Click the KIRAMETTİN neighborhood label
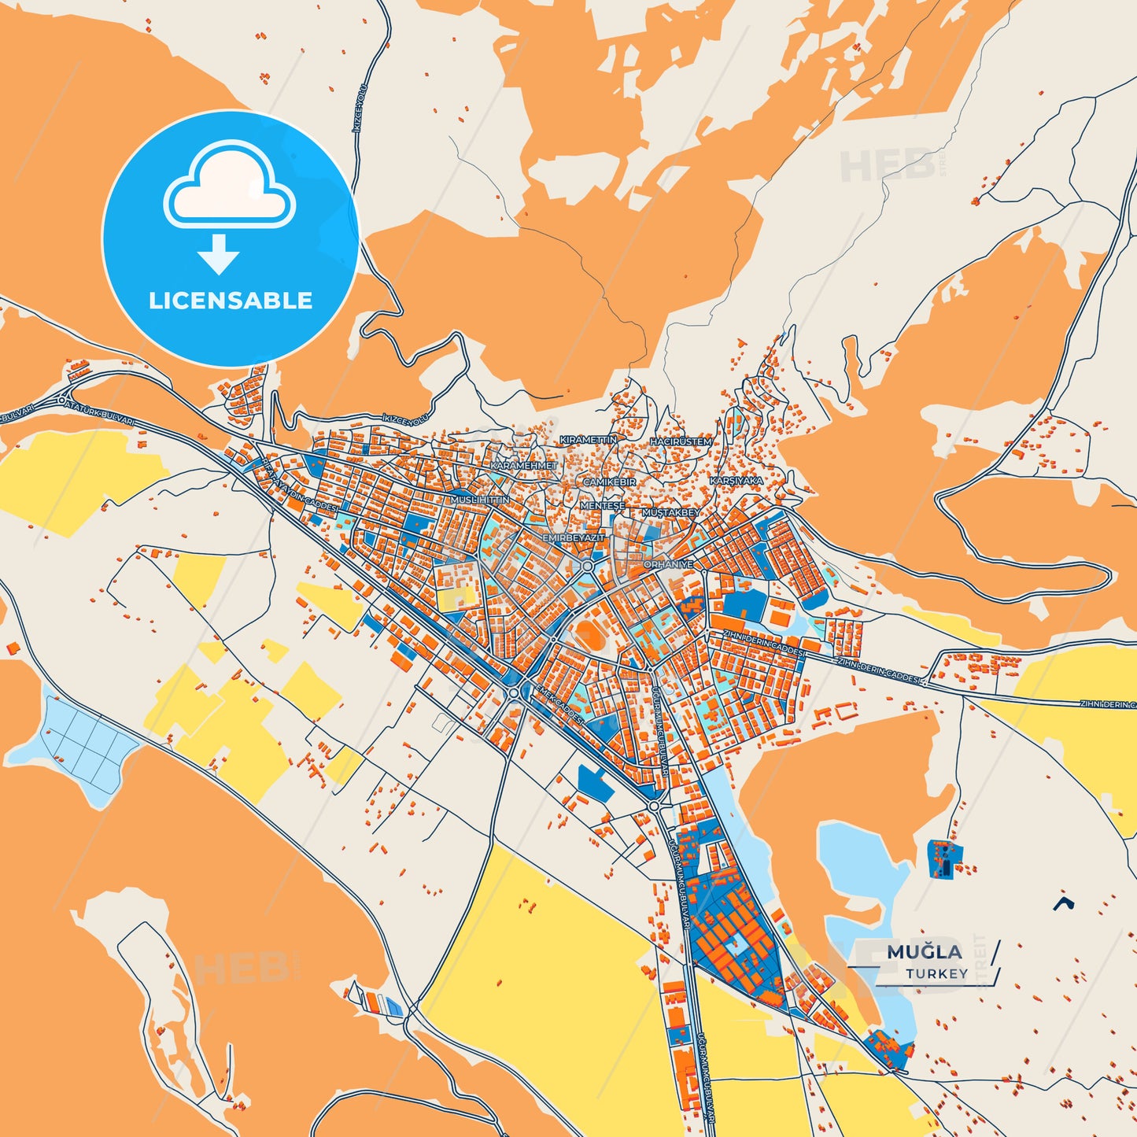(588, 440)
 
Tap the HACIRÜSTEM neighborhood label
(681, 442)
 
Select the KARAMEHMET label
(523, 466)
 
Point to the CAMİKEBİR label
(609, 482)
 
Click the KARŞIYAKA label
(736, 480)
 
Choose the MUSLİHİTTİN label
(479, 500)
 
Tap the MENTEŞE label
(602, 506)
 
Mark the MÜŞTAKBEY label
(670, 512)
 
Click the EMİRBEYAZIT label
(574, 537)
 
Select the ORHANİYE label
(668, 564)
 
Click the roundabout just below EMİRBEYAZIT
(587, 566)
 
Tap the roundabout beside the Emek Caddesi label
(514, 692)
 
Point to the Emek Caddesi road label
(558, 703)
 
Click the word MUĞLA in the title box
(924, 952)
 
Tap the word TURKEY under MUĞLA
(936, 974)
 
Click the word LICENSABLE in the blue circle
(231, 301)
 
